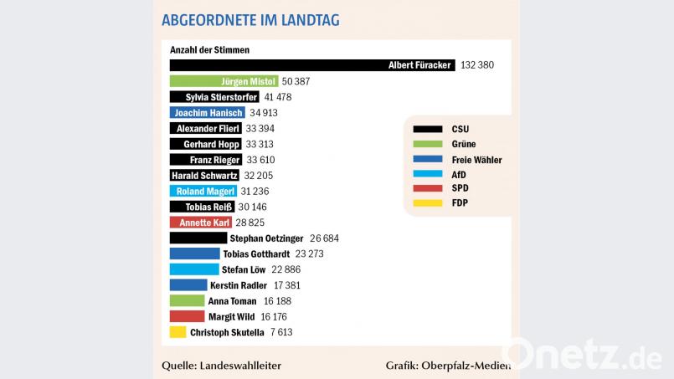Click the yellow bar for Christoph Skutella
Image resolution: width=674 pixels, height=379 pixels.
(178, 332)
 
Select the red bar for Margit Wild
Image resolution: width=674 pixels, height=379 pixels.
(187, 316)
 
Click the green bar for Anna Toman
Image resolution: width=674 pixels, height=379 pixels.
(187, 301)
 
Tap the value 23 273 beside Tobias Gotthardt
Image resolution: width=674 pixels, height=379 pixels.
(313, 254)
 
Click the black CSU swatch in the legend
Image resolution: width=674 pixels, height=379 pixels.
(428, 129)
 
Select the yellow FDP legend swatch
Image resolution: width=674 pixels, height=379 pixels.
(428, 202)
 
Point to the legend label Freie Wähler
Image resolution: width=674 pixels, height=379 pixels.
(476, 159)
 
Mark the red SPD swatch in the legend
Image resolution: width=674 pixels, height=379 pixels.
(428, 188)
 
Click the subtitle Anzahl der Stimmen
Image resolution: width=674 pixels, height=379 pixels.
(209, 50)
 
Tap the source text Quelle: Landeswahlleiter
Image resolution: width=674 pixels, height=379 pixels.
(221, 366)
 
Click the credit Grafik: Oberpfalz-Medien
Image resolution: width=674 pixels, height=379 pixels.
(445, 366)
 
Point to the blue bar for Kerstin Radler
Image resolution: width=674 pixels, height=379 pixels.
(188, 285)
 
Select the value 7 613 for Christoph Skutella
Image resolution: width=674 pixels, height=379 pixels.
(280, 332)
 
